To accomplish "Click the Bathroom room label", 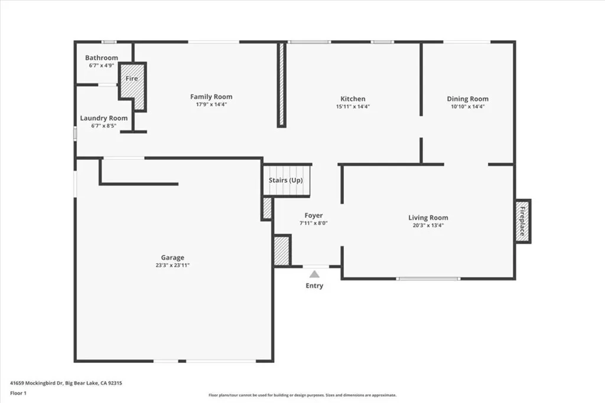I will coord(102,58).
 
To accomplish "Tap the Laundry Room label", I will coord(104,118).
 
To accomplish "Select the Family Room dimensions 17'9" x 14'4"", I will coord(211,104).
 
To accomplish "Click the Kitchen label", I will coord(353,99).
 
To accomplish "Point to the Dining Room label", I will coord(467,99).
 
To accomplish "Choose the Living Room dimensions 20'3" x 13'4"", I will coord(428,225).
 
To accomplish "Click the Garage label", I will coord(173,257).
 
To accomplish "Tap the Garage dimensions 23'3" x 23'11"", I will coord(173,266).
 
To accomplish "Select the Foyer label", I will coord(314,215).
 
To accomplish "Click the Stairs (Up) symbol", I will coord(287,181).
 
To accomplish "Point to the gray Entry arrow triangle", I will coord(314,274).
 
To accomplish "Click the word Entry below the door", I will coord(314,286).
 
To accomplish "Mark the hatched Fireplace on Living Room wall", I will coord(522,221).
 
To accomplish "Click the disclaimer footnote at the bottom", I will coord(302,395).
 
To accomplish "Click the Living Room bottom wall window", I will coord(428,279).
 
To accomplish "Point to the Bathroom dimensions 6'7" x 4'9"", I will coord(102,65).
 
